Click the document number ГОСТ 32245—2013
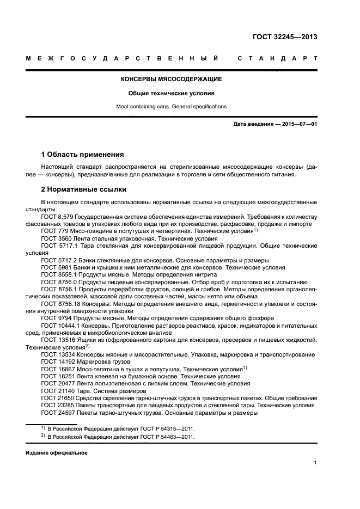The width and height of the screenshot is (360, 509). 284,38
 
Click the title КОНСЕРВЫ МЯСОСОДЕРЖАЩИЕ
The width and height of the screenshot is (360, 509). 171,79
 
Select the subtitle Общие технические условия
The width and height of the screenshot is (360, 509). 171,93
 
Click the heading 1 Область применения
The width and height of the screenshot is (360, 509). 83,154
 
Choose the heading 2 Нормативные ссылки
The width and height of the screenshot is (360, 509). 84,189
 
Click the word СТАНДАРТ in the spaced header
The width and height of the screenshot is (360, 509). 277,58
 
